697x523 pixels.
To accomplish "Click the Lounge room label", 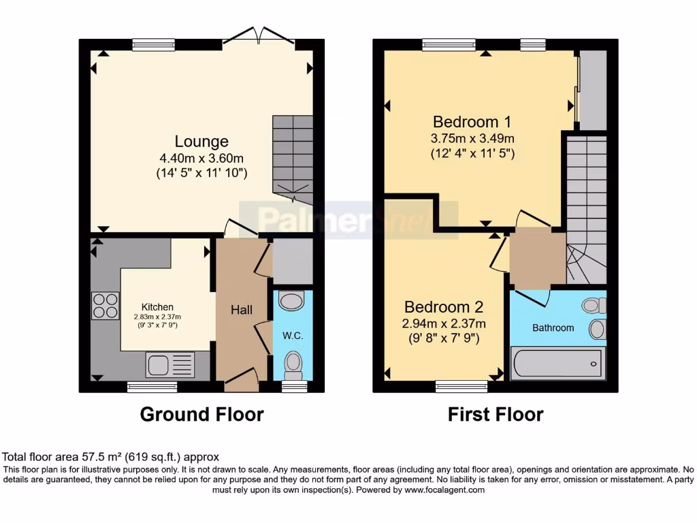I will (x=201, y=142).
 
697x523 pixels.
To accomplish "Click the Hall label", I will (x=241, y=310).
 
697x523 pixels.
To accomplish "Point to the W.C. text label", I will (x=292, y=334).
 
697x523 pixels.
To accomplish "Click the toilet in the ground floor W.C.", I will (x=293, y=365).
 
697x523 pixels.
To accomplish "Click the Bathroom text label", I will (x=553, y=328).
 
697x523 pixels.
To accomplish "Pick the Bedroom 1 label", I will (x=472, y=122).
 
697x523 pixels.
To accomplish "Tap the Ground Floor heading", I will (x=201, y=414).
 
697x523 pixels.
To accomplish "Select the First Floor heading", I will (x=496, y=414).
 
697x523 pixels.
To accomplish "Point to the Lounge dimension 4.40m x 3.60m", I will (x=201, y=158).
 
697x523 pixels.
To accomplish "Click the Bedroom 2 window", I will (x=461, y=386).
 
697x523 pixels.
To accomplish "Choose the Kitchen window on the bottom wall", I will (x=152, y=386).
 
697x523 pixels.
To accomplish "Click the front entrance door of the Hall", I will (x=241, y=381).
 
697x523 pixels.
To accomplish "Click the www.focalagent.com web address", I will (x=444, y=490).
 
